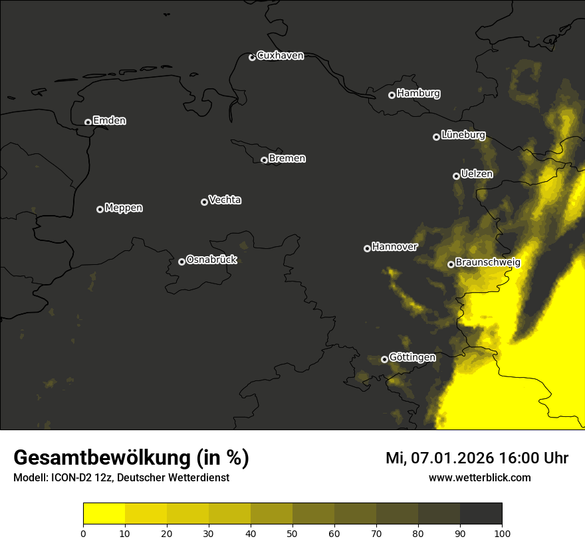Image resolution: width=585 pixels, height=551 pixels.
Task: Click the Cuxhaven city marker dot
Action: pyautogui.click(x=252, y=57)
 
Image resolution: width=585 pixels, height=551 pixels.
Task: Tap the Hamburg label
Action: pyautogui.click(x=418, y=94)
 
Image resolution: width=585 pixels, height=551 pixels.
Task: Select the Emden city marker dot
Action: pyautogui.click(x=88, y=122)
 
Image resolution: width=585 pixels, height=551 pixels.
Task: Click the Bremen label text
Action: pyautogui.click(x=287, y=159)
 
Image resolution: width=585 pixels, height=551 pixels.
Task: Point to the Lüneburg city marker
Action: pyautogui.click(x=436, y=137)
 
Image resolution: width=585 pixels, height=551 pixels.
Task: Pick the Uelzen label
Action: pyautogui.click(x=477, y=174)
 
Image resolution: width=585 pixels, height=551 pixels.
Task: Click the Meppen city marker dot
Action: pyautogui.click(x=100, y=209)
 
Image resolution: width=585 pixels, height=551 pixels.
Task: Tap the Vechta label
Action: pyautogui.click(x=225, y=200)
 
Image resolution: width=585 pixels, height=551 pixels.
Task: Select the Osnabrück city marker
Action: pyautogui.click(x=181, y=262)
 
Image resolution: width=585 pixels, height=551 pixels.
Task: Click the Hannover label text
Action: pyautogui.click(x=394, y=247)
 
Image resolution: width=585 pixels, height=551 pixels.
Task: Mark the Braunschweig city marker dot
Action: pyautogui.click(x=451, y=264)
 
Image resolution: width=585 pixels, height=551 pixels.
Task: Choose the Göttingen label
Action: pyautogui.click(x=412, y=358)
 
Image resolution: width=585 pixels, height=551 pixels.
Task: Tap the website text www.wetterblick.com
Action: pyautogui.click(x=479, y=477)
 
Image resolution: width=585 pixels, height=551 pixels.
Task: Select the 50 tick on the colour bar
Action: pyautogui.click(x=292, y=532)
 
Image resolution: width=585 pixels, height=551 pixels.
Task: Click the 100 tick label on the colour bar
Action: pyautogui.click(x=502, y=532)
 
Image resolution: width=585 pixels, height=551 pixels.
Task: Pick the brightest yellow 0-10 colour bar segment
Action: pyautogui.click(x=104, y=513)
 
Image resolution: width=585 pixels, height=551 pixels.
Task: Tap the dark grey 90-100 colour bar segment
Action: pyautogui.click(x=481, y=513)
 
